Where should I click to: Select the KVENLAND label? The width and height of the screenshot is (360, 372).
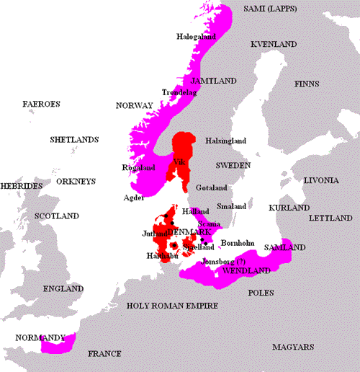pos(274,45)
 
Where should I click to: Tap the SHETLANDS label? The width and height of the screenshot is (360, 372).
pos(74,138)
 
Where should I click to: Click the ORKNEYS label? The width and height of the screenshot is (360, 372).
pos(76,182)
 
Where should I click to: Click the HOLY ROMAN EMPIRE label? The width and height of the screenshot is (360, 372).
pos(172,306)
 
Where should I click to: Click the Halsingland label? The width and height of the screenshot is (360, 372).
pos(226,141)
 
